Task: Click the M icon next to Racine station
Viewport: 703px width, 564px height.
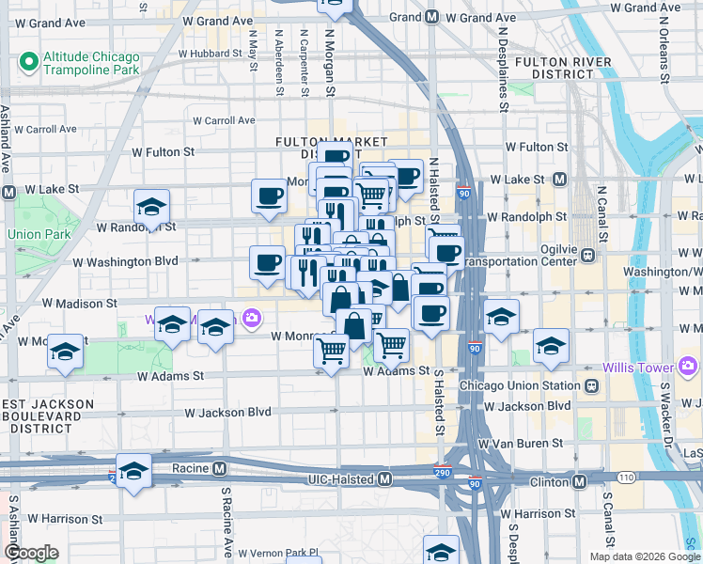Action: (x=219, y=468)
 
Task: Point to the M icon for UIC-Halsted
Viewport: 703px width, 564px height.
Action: (x=384, y=480)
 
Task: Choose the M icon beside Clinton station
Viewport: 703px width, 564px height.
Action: (x=580, y=481)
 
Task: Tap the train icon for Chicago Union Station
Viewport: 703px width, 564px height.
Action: (x=592, y=385)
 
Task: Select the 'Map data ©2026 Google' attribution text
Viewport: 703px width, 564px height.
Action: (x=644, y=556)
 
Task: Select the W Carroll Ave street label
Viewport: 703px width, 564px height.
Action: (x=224, y=120)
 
